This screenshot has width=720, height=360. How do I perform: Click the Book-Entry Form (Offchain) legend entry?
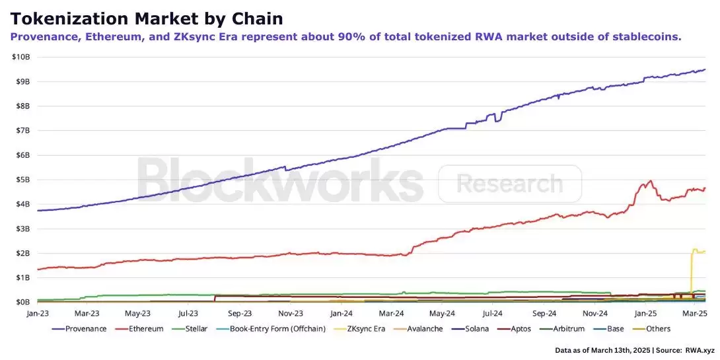tap(277, 329)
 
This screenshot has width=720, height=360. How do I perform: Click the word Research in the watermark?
tap(509, 184)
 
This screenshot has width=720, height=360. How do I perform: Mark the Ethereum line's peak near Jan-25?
tap(651, 180)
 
